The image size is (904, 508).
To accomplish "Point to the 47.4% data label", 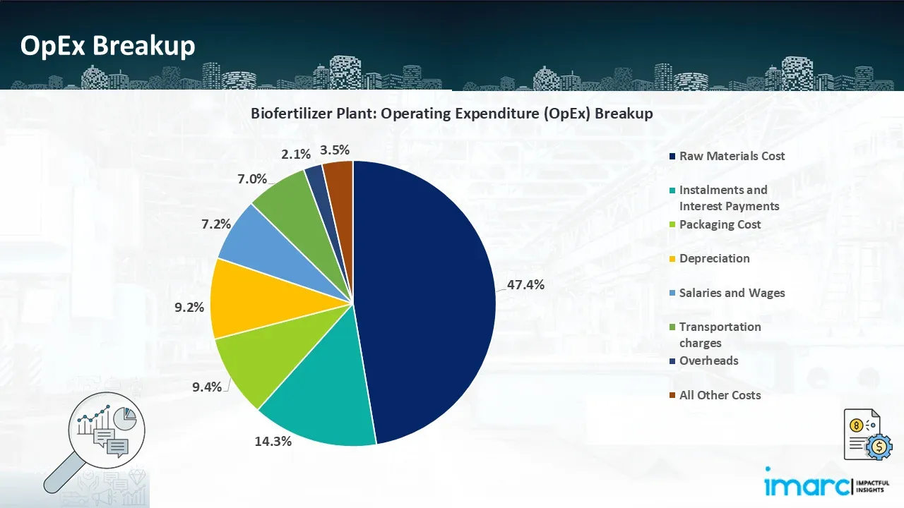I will [x=525, y=285].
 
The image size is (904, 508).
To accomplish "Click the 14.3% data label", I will [x=273, y=442].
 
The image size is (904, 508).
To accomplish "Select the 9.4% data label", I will [x=206, y=387].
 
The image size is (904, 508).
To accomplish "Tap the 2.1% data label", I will [x=296, y=154].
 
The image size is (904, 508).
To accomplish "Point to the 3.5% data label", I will [x=335, y=150].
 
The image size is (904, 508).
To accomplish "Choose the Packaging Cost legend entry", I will [x=719, y=224].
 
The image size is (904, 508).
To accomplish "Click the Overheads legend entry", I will [x=708, y=361].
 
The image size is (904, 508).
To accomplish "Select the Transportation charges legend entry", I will [x=719, y=334].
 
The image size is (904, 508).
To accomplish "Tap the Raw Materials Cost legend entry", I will [x=731, y=156].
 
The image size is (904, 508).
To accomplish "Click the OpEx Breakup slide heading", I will [x=107, y=46].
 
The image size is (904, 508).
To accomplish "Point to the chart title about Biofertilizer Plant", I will [x=451, y=113].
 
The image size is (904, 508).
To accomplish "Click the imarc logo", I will [x=819, y=483].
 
